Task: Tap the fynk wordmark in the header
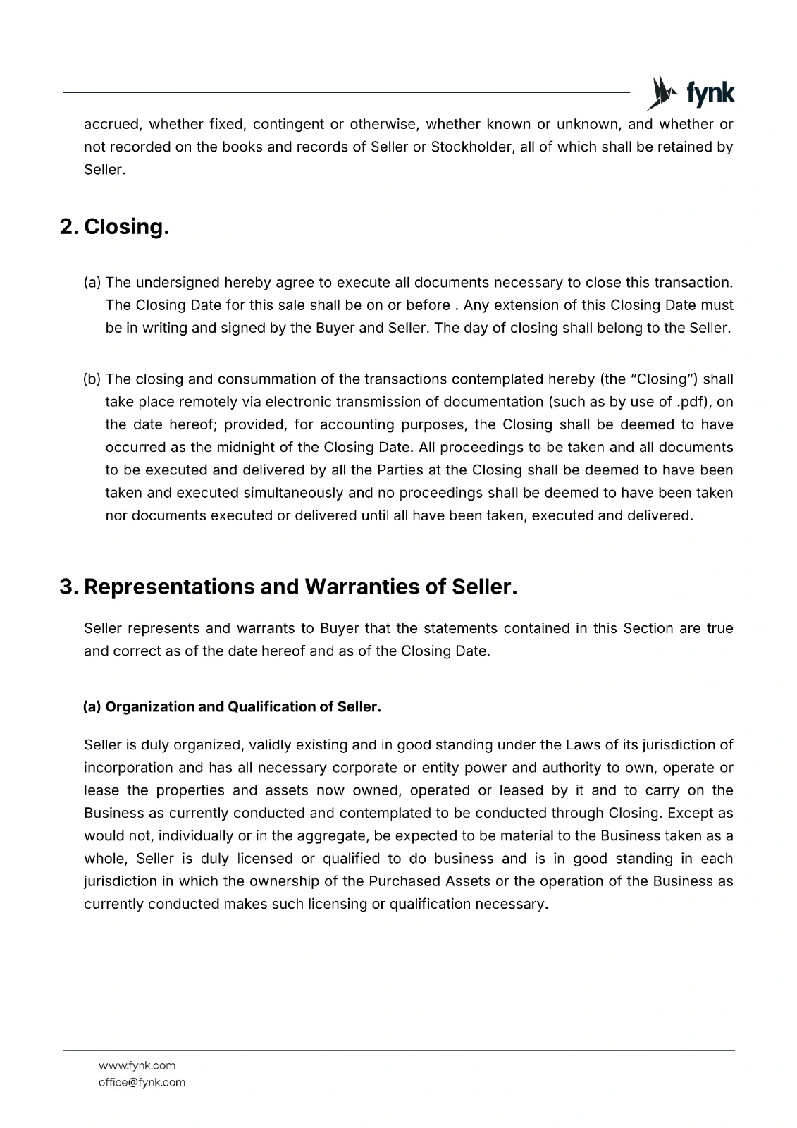click(x=710, y=93)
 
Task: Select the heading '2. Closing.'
click(x=115, y=227)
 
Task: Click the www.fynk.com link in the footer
click(x=137, y=1065)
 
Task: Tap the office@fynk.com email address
click(x=142, y=1082)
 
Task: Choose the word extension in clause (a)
click(x=530, y=305)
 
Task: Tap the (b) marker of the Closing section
click(x=92, y=379)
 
